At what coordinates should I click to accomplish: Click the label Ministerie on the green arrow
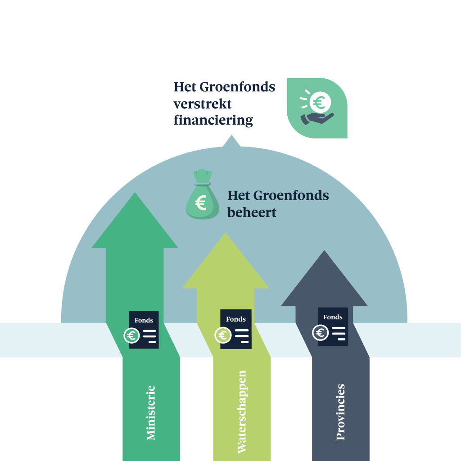151,412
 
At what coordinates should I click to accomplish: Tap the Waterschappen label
242,412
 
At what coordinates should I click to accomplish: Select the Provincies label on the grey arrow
341,412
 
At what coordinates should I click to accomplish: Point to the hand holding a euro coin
317,108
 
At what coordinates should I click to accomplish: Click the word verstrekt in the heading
203,103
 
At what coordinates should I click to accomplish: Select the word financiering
213,121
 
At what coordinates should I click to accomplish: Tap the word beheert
252,212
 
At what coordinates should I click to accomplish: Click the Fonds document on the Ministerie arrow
144,330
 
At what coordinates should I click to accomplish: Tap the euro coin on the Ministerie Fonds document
131,336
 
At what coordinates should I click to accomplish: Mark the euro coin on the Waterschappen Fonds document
222,335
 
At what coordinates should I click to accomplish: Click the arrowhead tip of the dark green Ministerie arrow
135,194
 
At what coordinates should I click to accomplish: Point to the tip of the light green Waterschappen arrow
225,234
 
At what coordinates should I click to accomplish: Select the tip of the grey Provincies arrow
324,252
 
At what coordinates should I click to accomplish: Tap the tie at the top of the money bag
203,182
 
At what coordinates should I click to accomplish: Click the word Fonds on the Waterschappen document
236,319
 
